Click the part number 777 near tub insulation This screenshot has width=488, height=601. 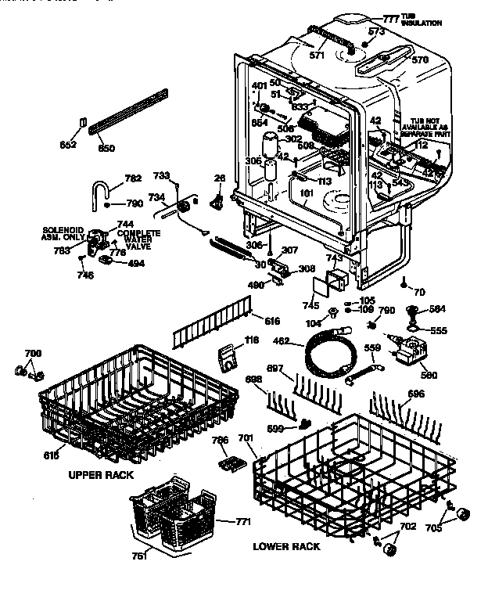pyautogui.click(x=390, y=16)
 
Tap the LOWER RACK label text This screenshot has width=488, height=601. pyautogui.click(x=286, y=546)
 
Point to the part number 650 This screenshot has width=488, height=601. pyautogui.click(x=106, y=148)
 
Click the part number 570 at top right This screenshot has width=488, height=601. pyautogui.click(x=421, y=60)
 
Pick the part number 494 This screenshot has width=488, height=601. pyautogui.click(x=136, y=264)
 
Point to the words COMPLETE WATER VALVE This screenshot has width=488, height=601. pyautogui.click(x=138, y=239)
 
